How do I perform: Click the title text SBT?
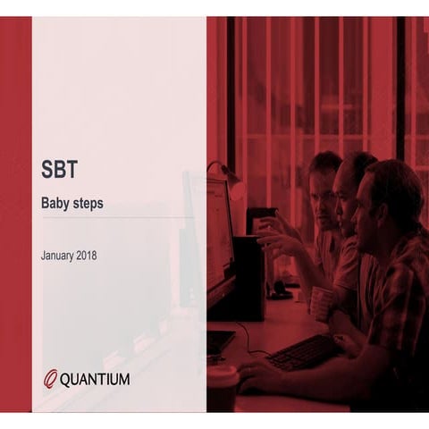58,169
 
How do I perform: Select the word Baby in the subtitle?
57,204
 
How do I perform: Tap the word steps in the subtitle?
89,205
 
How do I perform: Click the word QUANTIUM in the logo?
95,379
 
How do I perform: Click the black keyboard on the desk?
302,351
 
